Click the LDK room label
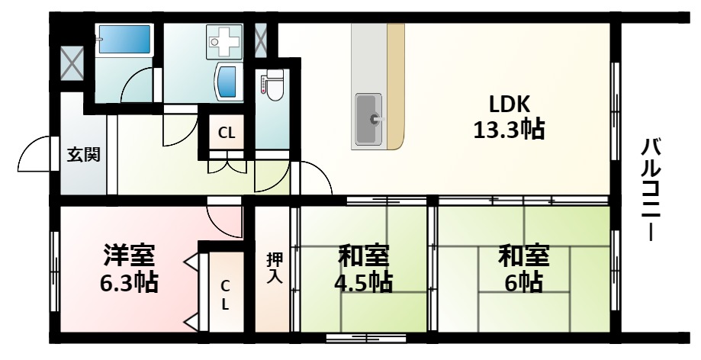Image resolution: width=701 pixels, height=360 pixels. pyautogui.click(x=509, y=104)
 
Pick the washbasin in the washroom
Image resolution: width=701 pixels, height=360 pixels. pyautogui.click(x=227, y=80)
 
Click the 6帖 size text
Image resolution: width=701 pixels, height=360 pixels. pyautogui.click(x=523, y=283)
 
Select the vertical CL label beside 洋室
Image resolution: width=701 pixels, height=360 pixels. pyautogui.click(x=225, y=294)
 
